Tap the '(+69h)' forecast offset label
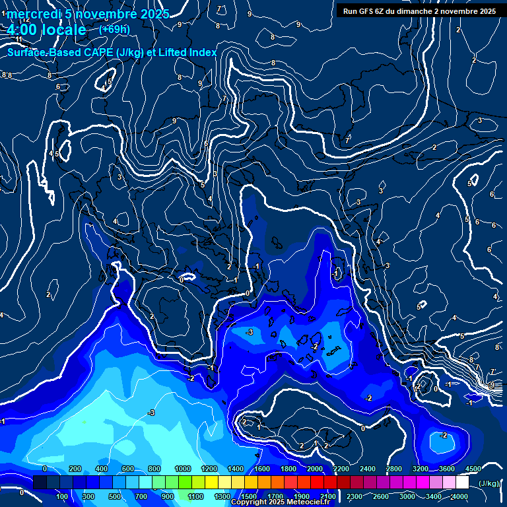click(114, 30)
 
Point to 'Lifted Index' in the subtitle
click(187, 52)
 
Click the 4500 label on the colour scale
click(473, 469)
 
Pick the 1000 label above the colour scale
click(182, 469)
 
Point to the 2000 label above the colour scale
click(315, 469)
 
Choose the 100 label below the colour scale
click(63, 496)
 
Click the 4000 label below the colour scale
click(460, 496)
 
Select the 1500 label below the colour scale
click(248, 496)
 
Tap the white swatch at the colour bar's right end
click(462, 483)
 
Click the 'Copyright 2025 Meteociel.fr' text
click(280, 502)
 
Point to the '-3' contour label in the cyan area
click(151, 412)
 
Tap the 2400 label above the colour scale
click(368, 469)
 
